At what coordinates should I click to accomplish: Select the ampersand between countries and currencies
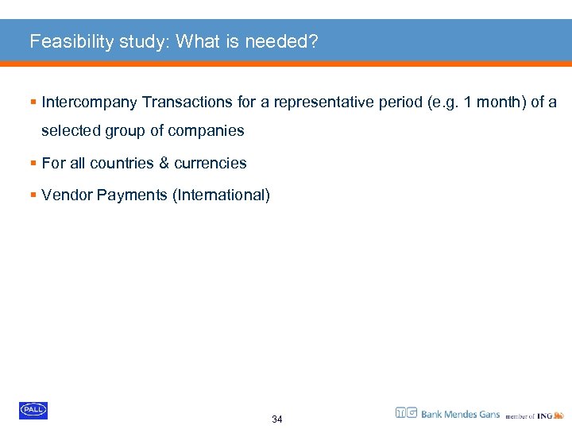click(164, 163)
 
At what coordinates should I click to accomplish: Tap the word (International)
click(221, 195)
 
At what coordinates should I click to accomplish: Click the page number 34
click(276, 419)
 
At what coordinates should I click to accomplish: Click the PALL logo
click(33, 410)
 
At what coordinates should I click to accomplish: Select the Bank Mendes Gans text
click(460, 414)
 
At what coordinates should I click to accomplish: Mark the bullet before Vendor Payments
click(33, 195)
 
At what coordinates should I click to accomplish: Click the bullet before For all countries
click(33, 163)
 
